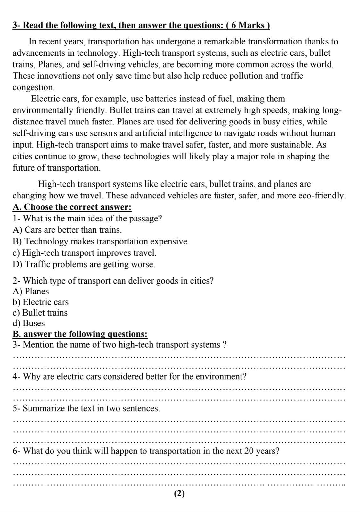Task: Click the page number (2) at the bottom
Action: pos(179,494)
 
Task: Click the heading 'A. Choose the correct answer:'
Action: pos(72,207)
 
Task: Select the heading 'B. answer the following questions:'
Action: pos(80,334)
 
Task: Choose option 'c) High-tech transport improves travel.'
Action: pos(85,253)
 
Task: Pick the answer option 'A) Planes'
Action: pos(31,291)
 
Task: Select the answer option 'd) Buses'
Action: pos(29,323)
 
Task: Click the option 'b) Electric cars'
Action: pos(40,302)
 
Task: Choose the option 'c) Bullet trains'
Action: pos(40,313)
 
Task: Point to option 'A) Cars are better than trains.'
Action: pos(67,230)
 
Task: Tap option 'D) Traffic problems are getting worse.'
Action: pos(84,264)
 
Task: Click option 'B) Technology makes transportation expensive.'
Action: pos(101,241)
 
